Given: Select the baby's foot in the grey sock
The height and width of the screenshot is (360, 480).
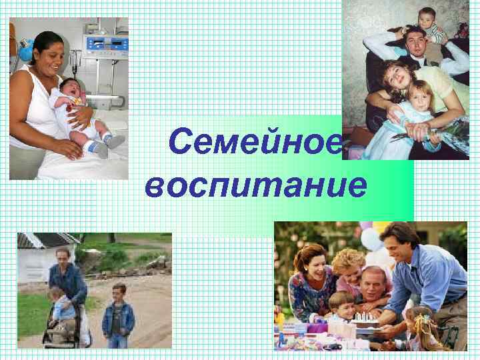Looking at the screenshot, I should click(x=113, y=141).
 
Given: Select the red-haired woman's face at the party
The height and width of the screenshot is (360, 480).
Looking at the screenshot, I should click(x=313, y=263).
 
